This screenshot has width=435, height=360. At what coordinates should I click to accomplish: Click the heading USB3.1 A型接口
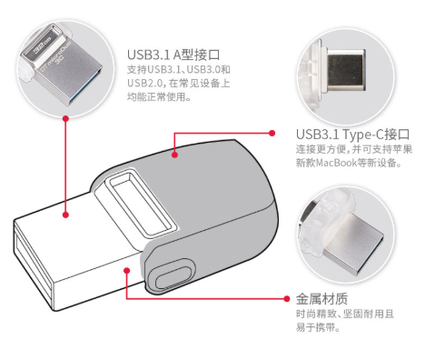pyautogui.click(x=173, y=55)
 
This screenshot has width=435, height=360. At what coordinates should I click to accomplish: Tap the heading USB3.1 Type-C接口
pyautogui.click(x=353, y=135)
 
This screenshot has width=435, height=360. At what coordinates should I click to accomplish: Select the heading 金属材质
pyautogui.click(x=321, y=299)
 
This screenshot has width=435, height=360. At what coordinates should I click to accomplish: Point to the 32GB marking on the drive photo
pyautogui.click(x=42, y=45)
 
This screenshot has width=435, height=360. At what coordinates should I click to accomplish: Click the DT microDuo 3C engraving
pyautogui.click(x=56, y=58)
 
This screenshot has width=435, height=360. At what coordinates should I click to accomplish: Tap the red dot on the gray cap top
pyautogui.click(x=174, y=155)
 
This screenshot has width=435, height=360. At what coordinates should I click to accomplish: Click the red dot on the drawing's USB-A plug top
pyautogui.click(x=65, y=215)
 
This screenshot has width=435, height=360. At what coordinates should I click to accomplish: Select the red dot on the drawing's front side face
pyautogui.click(x=127, y=270)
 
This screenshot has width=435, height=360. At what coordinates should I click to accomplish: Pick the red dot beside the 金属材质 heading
pyautogui.click(x=287, y=299)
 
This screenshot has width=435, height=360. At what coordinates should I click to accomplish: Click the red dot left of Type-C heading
pyautogui.click(x=272, y=133)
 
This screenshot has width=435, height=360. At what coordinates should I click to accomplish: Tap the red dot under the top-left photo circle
pyautogui.click(x=65, y=118)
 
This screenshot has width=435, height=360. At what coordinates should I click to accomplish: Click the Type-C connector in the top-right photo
pyautogui.click(x=346, y=70)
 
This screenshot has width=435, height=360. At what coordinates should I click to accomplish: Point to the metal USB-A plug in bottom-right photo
pyautogui.click(x=352, y=243)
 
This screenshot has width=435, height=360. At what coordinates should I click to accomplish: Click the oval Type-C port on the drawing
pyautogui.click(x=172, y=274)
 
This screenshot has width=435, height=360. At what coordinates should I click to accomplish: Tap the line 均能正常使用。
pyautogui.click(x=159, y=96)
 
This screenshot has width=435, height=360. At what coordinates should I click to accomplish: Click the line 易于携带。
pyautogui.click(x=318, y=327)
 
